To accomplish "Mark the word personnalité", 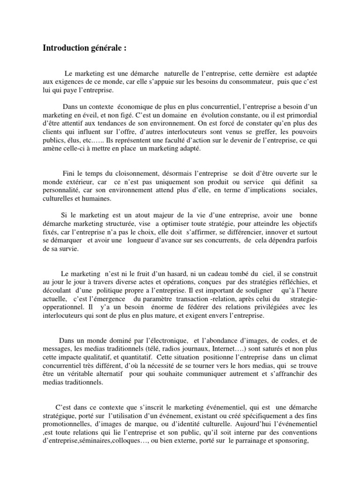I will click(60, 191).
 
